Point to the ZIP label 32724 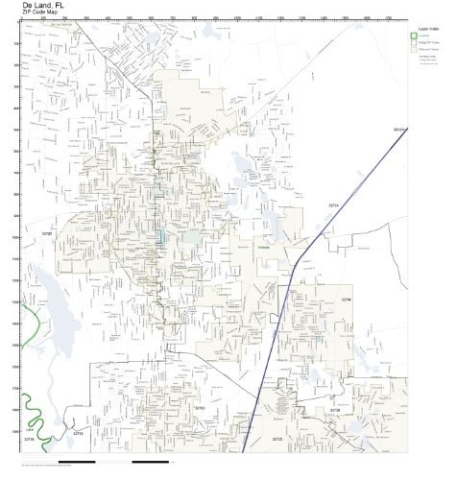click(x=334, y=205)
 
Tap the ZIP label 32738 click(x=334, y=410)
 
